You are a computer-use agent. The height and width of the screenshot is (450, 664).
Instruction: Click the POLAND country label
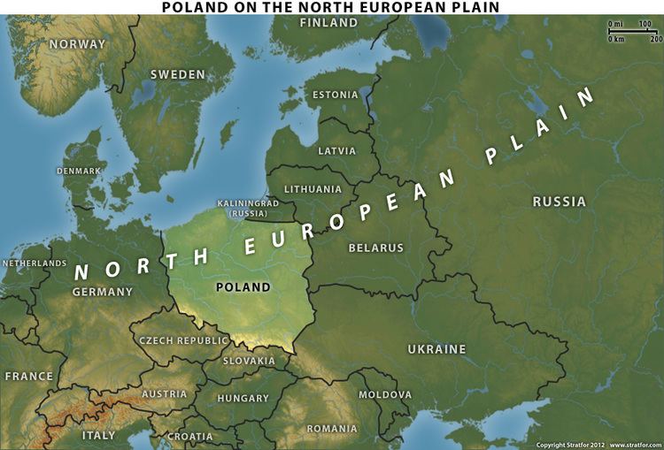pos(243,287)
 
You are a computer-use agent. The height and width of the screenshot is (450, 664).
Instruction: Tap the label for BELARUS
pos(375,248)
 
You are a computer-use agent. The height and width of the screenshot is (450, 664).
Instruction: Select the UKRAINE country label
pos(436,349)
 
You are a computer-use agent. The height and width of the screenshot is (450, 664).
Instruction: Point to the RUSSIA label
pos(559,202)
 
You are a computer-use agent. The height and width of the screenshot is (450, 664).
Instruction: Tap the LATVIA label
pos(336,150)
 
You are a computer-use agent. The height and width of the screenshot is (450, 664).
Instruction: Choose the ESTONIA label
pos(336,95)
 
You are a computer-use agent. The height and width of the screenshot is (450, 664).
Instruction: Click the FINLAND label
pos(328,23)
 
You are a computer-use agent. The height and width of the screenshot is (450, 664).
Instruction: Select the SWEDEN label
pos(177,74)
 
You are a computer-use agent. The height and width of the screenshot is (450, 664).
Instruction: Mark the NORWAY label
pos(77,44)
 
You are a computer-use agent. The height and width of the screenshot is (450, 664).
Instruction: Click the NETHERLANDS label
pos(35,263)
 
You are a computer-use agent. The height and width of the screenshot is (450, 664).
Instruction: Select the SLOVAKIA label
pos(249,361)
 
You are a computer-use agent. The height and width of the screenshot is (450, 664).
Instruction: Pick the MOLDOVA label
pos(385,394)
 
